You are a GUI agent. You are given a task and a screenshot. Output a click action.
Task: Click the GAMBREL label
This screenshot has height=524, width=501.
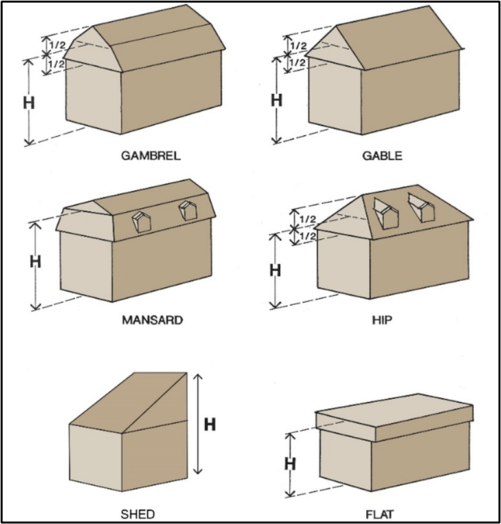(151, 155)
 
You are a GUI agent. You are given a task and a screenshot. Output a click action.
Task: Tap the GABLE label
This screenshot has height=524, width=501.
(382, 155)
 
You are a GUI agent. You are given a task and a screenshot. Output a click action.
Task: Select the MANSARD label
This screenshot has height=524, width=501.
(152, 320)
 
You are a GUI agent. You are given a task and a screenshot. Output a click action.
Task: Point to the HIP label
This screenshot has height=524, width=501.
(383, 320)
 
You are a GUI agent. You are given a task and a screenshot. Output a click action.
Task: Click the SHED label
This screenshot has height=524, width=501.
(137, 514)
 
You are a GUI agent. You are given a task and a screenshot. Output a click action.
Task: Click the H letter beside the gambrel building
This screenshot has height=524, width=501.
(29, 104)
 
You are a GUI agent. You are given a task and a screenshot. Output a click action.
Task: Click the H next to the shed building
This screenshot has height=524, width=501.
(210, 424)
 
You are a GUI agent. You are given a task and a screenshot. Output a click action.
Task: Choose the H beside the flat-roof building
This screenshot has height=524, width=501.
(290, 463)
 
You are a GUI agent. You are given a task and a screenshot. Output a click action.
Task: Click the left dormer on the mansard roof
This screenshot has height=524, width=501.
(140, 220)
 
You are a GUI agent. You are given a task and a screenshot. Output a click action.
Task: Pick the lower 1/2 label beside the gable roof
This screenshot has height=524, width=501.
(298, 62)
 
